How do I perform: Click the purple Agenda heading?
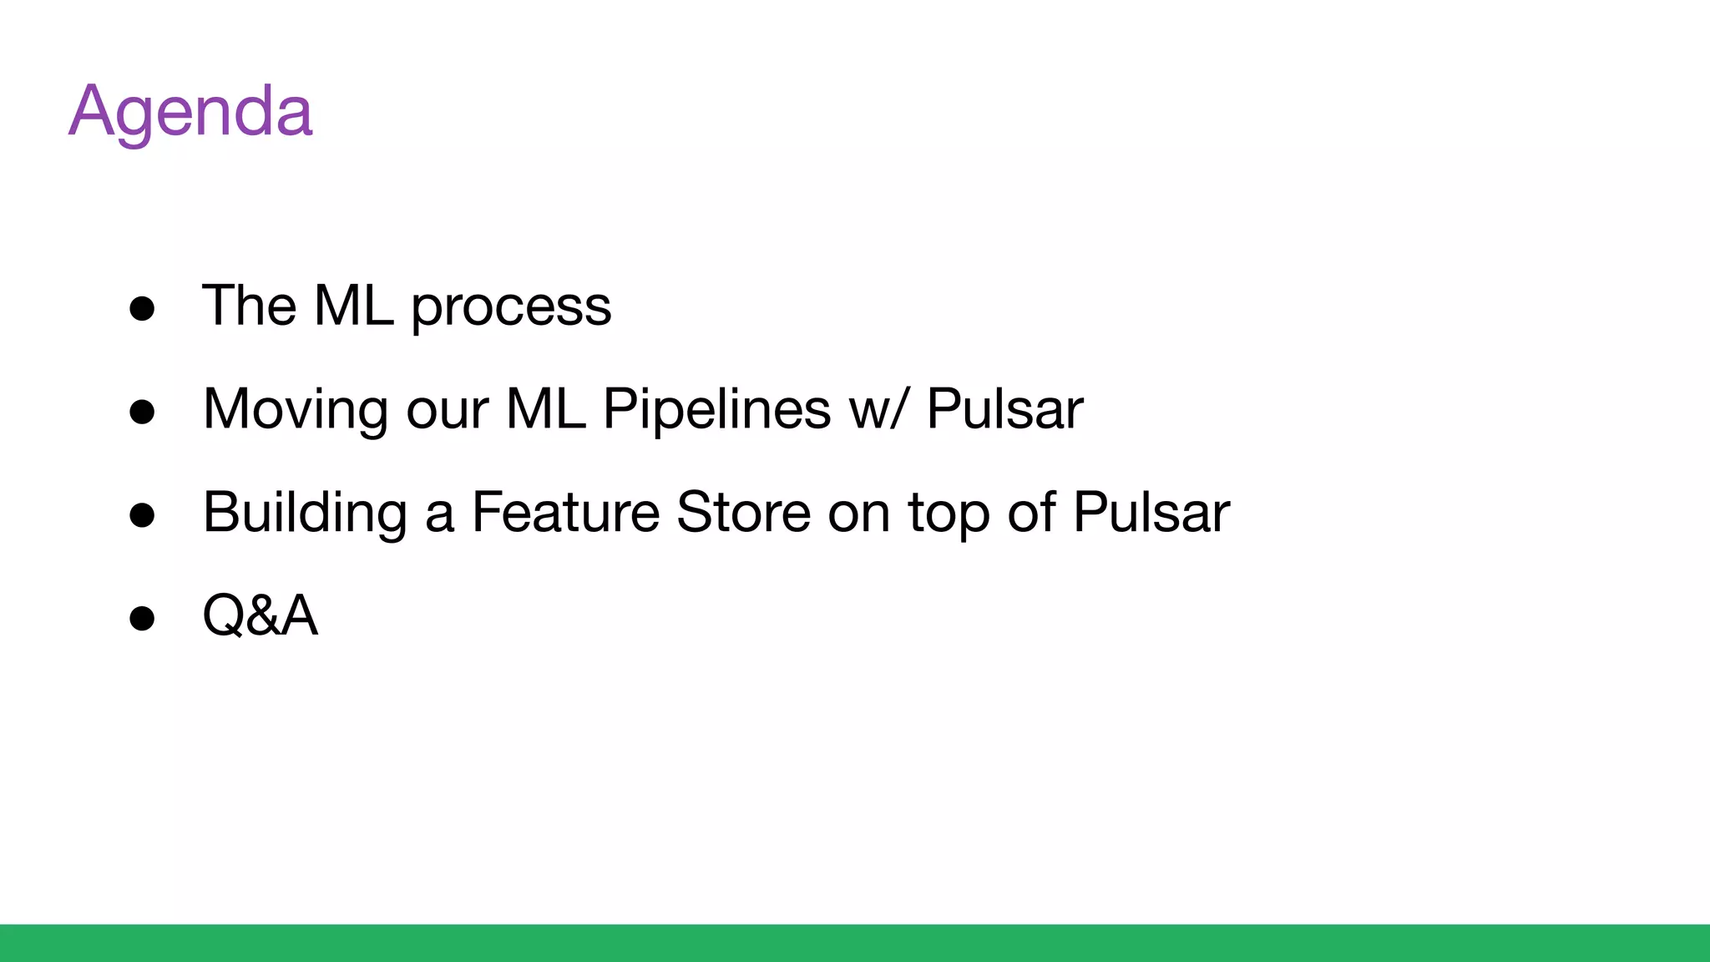click(x=190, y=111)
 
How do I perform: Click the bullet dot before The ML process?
click(x=142, y=308)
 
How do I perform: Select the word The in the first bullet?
click(x=249, y=305)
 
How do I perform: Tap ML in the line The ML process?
click(x=353, y=305)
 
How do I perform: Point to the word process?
click(x=511, y=307)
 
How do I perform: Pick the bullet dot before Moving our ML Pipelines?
click(x=142, y=412)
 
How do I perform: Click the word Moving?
click(x=296, y=409)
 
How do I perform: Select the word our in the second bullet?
click(x=447, y=409)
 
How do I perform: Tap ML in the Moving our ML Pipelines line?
click(x=545, y=409)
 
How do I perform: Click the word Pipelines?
click(x=716, y=409)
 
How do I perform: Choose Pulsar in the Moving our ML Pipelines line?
click(x=1004, y=409)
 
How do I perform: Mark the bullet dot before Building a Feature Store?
click(x=142, y=514)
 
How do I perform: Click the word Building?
click(x=305, y=512)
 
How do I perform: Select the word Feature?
click(x=565, y=512)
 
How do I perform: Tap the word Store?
click(x=743, y=512)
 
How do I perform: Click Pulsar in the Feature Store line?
click(x=1151, y=512)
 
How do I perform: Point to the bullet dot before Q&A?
click(x=142, y=618)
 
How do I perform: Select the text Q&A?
click(x=260, y=615)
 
